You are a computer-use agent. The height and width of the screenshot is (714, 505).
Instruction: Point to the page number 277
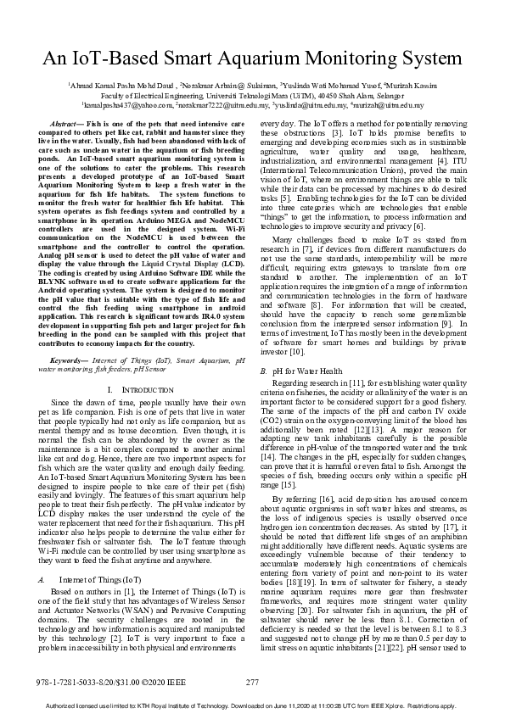252,682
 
